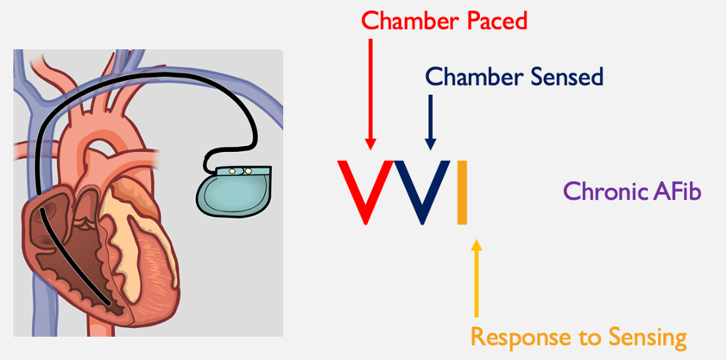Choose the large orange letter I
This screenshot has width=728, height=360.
[462, 192]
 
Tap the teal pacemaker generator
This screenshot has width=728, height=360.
[232, 190]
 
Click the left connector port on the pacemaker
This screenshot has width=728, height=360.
[231, 171]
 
